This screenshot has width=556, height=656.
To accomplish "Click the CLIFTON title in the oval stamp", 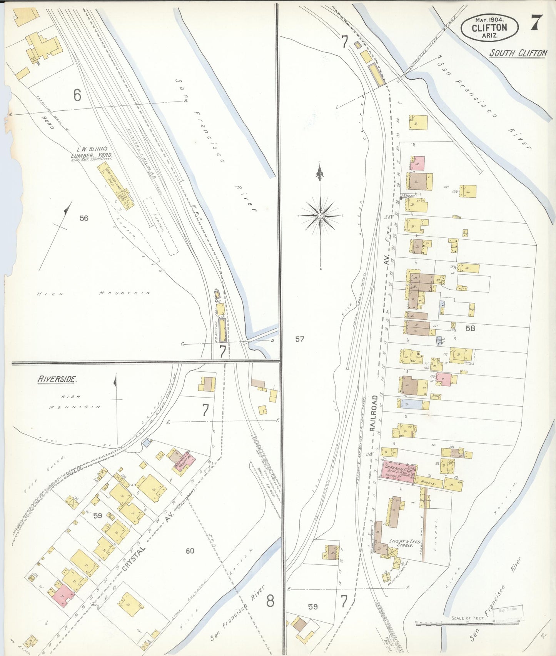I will click(x=489, y=27).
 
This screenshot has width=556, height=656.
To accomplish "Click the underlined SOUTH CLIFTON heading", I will click(x=518, y=53).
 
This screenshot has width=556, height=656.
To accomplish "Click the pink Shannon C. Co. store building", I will click(x=398, y=472).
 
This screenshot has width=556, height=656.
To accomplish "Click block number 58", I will click(x=470, y=328).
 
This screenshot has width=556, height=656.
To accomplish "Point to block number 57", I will click(x=300, y=339).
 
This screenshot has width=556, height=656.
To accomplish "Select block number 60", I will click(x=190, y=551).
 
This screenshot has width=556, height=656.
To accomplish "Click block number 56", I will click(x=83, y=218).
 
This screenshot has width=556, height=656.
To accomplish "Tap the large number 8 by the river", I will click(x=270, y=601).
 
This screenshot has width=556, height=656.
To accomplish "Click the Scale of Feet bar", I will click(x=468, y=622).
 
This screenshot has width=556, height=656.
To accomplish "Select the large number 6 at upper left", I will click(x=77, y=95).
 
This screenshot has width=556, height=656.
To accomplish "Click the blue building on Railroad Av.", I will click(x=412, y=404).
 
